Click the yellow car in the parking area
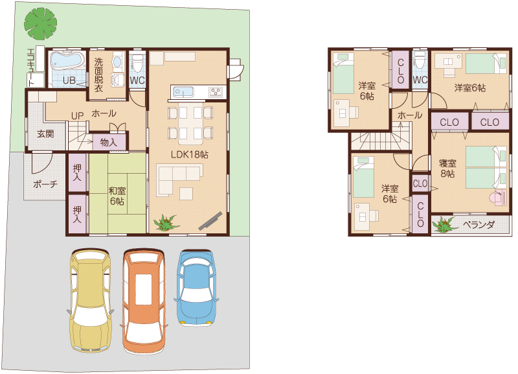(90, 300)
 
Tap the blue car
(197, 288)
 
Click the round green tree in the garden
(40, 23)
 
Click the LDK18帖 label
(189, 154)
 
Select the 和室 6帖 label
(117, 196)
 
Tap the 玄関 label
(45, 134)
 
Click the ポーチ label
(45, 184)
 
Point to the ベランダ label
(479, 225)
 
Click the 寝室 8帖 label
(447, 169)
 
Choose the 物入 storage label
(108, 143)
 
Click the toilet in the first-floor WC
(137, 63)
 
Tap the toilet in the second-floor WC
(420, 60)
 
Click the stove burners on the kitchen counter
(215, 92)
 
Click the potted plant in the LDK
(166, 222)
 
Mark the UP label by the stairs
(77, 116)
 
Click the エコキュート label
(31, 68)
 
